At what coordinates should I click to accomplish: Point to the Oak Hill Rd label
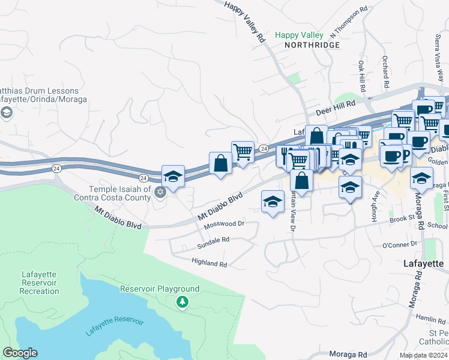[x=362, y=76]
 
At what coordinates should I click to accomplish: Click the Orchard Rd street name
[x=385, y=71]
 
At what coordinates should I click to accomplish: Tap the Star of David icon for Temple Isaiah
[x=160, y=192]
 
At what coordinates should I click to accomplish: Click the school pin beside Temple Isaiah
[x=173, y=176]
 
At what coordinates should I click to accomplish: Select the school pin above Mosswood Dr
[x=273, y=201]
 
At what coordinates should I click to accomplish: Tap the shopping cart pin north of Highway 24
[x=243, y=152]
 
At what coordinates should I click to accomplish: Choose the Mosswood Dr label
[x=224, y=224]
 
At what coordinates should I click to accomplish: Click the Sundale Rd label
[x=214, y=239]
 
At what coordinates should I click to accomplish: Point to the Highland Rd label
[x=209, y=263]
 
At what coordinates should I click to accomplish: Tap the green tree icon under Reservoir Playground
[x=181, y=302]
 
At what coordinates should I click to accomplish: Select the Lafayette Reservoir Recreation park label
[x=40, y=283]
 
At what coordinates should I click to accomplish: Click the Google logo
[x=20, y=353]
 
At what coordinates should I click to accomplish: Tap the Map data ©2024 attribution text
[x=423, y=355]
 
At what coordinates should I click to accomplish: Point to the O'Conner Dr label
[x=400, y=244]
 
